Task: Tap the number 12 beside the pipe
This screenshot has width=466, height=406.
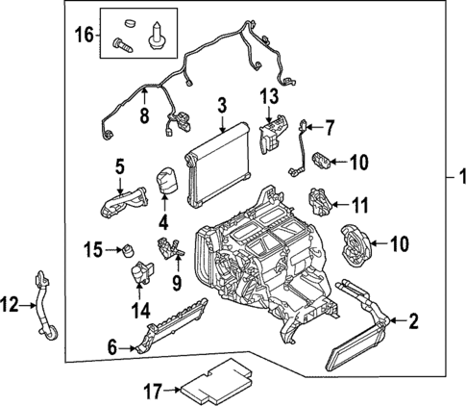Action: point(10,306)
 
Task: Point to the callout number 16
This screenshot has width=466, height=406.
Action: point(85,35)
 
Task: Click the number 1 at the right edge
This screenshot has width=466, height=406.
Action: point(458,178)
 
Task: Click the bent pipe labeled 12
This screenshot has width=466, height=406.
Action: point(44,307)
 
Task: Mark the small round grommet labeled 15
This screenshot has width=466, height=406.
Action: point(123,251)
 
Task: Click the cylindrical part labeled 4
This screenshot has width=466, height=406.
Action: point(165,181)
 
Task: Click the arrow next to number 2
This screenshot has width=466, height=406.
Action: point(394,321)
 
